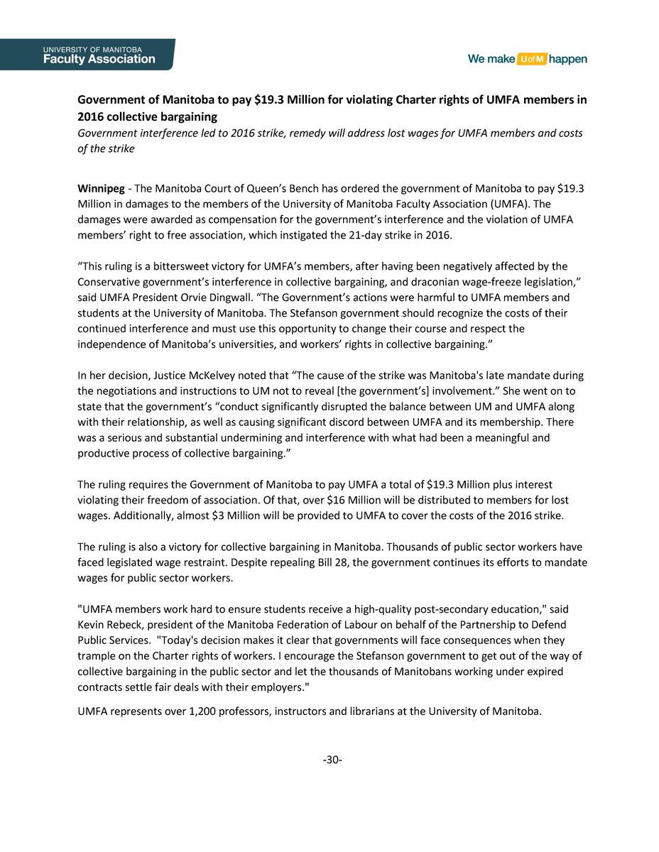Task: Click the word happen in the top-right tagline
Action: pos(568,60)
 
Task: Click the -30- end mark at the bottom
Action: pos(332,760)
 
